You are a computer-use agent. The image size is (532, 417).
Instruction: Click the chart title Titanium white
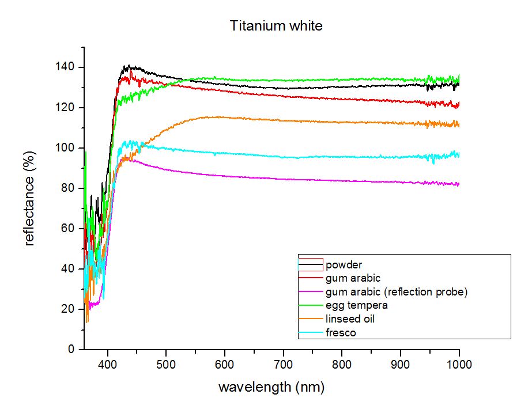pos(276,26)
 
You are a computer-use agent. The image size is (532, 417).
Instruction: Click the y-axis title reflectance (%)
pos(29,199)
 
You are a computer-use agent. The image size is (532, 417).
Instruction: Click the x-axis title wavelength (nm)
pos(271,387)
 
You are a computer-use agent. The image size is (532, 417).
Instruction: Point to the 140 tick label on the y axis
pos(65,67)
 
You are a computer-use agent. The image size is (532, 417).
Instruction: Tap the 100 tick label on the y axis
pos(65,147)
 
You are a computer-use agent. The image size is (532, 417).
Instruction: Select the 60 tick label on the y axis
pos(68,228)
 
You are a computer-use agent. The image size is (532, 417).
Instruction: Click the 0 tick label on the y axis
pos(71,349)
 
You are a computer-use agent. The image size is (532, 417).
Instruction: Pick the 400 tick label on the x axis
pos(108,365)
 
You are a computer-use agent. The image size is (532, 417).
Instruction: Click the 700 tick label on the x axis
pos(284,365)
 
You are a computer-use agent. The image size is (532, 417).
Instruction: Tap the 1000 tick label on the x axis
pos(459,365)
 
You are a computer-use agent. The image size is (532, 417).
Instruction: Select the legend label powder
pos(344,265)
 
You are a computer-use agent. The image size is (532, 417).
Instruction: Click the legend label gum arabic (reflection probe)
pos(397,292)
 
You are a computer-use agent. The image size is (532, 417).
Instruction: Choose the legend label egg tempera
pos(357,305)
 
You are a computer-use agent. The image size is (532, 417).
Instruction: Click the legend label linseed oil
pos(350,319)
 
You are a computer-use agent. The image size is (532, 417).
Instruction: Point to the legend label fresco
pos(341,332)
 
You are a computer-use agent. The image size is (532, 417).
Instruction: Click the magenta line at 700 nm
pos(284,179)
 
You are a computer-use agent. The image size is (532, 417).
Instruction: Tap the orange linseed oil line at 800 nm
pos(342,122)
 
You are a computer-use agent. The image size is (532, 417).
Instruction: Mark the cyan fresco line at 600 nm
pos(225,154)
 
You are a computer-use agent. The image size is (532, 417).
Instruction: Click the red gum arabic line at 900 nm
pos(401,101)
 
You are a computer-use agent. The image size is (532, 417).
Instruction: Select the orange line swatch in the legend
pos(311,319)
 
